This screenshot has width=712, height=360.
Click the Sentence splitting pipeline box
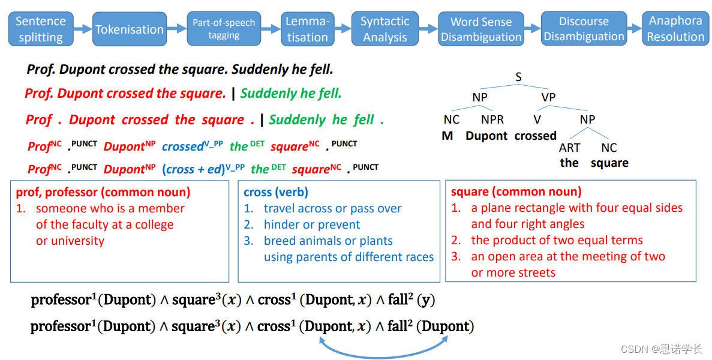[x=41, y=29]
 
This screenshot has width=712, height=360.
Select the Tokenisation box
[x=129, y=29]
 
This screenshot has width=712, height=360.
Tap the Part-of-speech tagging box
[x=224, y=29]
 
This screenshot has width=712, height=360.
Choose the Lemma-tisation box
[x=307, y=29]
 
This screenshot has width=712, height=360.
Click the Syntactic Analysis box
[x=385, y=29]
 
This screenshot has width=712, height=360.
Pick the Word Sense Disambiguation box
[x=481, y=29]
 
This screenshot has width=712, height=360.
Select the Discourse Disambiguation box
[x=584, y=29]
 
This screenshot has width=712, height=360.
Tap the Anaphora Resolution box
[x=675, y=29]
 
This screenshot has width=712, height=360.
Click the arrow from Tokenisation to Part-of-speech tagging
[x=176, y=28]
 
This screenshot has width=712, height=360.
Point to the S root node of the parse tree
[x=518, y=77]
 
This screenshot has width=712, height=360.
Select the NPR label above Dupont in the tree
[x=492, y=119]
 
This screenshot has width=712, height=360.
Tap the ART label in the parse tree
[x=570, y=148]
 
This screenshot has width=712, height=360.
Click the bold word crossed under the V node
[x=536, y=136]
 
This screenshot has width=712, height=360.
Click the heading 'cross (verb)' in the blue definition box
[x=276, y=192]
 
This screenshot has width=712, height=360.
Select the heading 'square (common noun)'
[x=516, y=192]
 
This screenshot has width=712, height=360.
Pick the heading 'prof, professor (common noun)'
[x=103, y=192]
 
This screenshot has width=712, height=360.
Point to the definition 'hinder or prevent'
[x=312, y=224]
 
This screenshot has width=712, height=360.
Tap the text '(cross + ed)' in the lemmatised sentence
[x=193, y=170]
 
